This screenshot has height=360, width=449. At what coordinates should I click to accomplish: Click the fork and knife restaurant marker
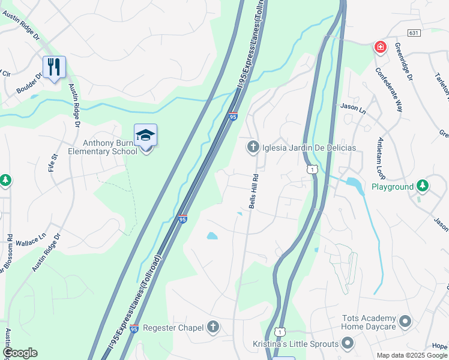54,67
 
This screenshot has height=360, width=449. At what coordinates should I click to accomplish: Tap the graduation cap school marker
145,136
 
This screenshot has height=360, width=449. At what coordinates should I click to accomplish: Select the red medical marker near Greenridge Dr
380,46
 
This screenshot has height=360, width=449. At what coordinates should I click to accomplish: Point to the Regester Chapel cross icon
212,327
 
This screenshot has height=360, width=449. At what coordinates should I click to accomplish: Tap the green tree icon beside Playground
423,186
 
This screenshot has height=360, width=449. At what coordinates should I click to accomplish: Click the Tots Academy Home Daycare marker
405,322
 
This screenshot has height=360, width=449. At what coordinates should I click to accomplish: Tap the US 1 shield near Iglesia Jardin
312,170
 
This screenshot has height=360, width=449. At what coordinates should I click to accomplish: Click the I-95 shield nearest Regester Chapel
134,329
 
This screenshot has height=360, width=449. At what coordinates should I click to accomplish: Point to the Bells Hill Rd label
255,192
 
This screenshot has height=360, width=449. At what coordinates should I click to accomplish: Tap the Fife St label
53,163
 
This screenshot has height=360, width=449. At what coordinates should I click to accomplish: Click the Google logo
19,353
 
